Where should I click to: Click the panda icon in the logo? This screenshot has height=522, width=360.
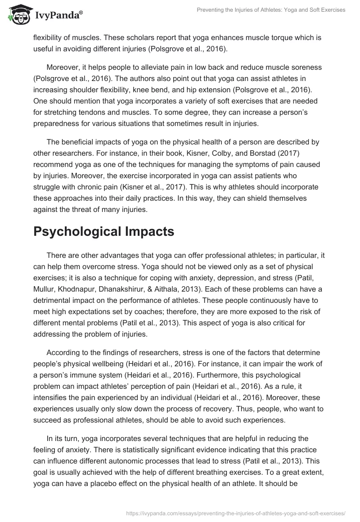tap(18, 15)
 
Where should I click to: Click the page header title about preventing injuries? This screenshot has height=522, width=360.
tap(257, 10)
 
